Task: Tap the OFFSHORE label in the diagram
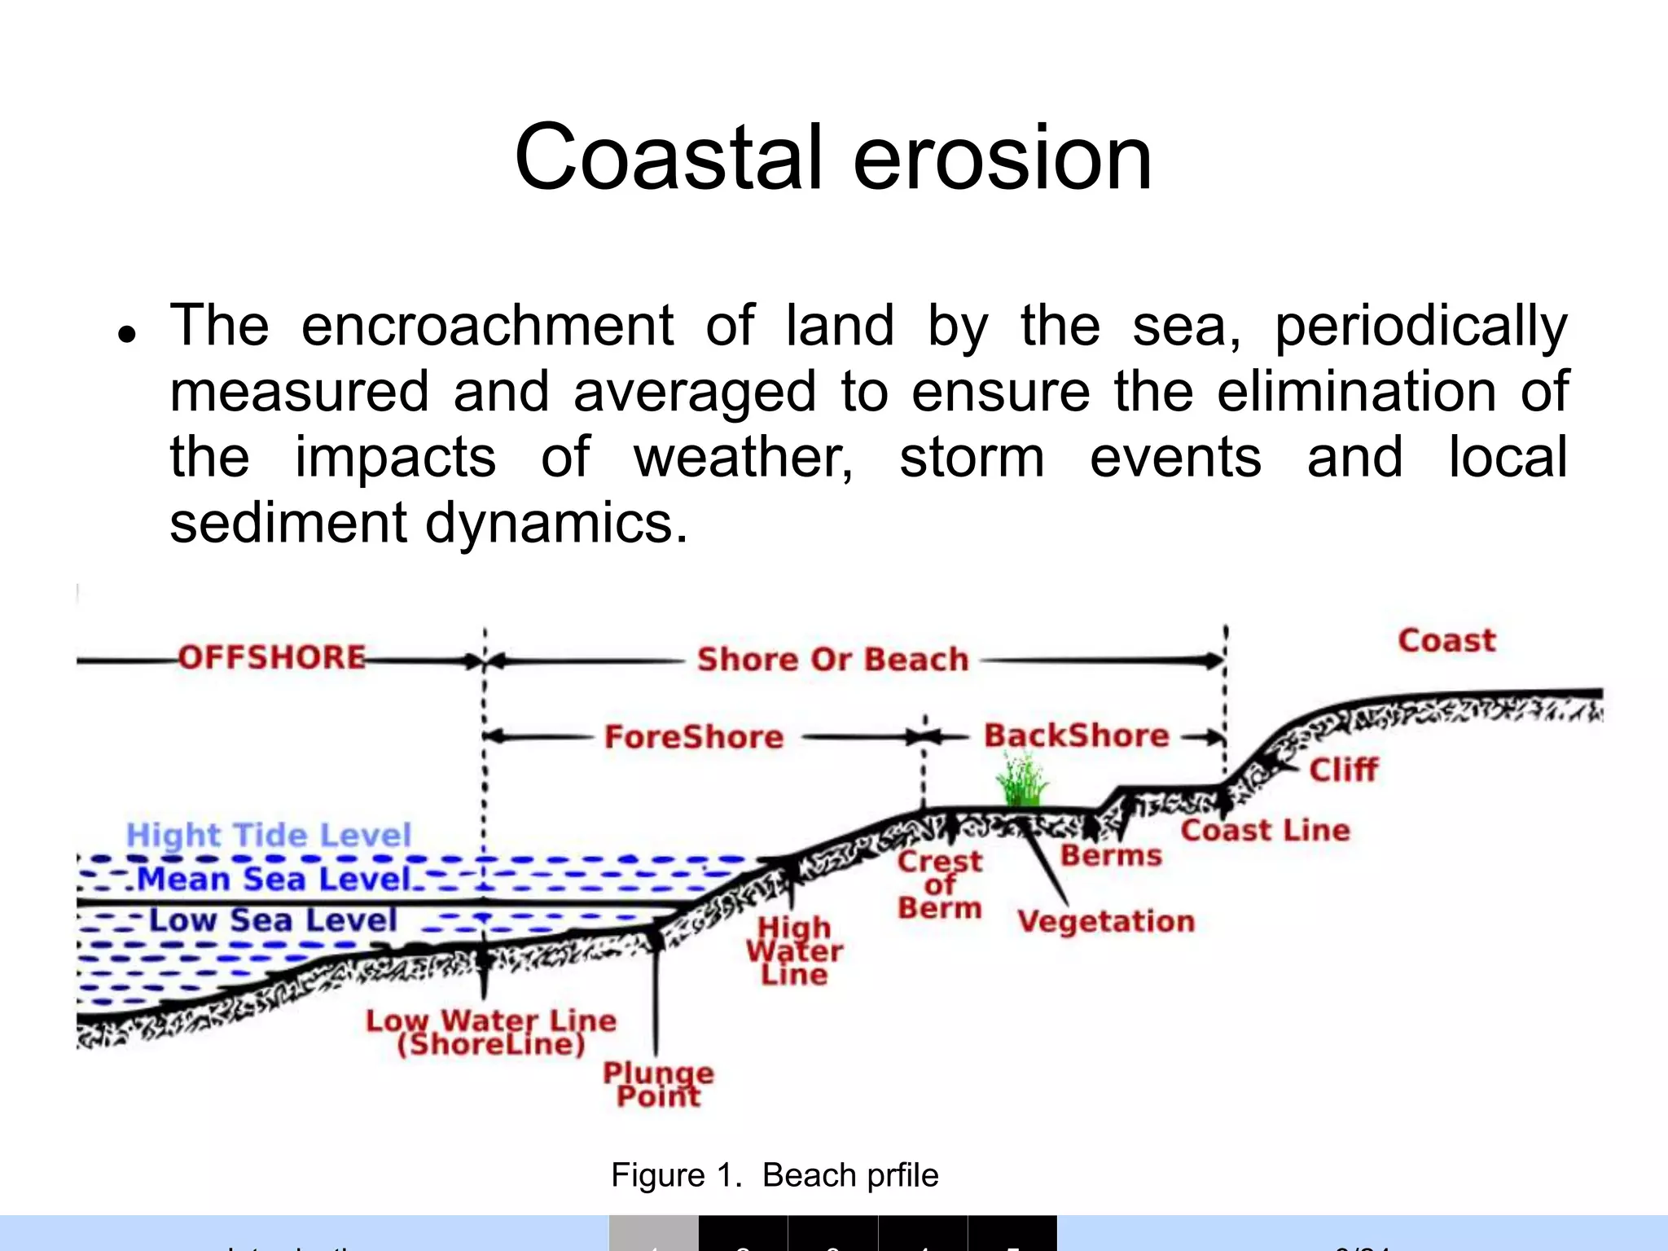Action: pyautogui.click(x=272, y=657)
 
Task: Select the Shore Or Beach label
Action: pyautogui.click(x=832, y=660)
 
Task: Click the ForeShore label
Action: pyautogui.click(x=694, y=737)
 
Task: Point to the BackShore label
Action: pyautogui.click(x=1076, y=735)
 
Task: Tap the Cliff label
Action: pyautogui.click(x=1343, y=770)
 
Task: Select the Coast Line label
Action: pyautogui.click(x=1265, y=831)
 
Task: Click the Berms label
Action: pyautogui.click(x=1111, y=856)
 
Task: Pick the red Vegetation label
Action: pyautogui.click(x=1106, y=922)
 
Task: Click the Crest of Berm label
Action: pyautogui.click(x=940, y=885)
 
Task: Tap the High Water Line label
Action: pyautogui.click(x=794, y=951)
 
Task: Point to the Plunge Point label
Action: pyautogui.click(x=658, y=1085)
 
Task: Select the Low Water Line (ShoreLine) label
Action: pyautogui.click(x=491, y=1033)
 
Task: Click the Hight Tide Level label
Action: pyautogui.click(x=269, y=836)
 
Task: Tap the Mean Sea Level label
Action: pyautogui.click(x=274, y=880)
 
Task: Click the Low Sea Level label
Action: pyautogui.click(x=273, y=920)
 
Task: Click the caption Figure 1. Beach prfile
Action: pyautogui.click(x=775, y=1175)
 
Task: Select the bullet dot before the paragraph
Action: pyautogui.click(x=126, y=334)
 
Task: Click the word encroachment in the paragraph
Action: pyautogui.click(x=487, y=326)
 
